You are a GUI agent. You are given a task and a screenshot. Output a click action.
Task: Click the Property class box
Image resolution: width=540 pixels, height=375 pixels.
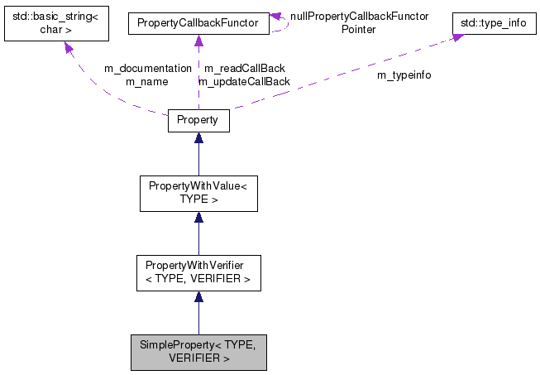click(x=198, y=120)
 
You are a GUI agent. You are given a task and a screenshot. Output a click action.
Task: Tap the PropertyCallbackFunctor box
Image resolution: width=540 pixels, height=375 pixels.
click(x=198, y=25)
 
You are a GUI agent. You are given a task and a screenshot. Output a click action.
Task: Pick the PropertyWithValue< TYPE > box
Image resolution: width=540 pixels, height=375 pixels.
click(x=198, y=193)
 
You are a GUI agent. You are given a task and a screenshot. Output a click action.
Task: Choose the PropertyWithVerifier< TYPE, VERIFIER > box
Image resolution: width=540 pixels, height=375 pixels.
click(x=198, y=272)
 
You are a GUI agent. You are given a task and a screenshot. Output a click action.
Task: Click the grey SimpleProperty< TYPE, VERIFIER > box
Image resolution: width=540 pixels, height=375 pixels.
click(x=198, y=352)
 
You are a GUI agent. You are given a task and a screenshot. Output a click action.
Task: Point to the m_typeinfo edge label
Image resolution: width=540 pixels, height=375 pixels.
click(x=404, y=75)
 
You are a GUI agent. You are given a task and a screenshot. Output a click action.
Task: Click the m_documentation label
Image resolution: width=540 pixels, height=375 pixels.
click(x=147, y=69)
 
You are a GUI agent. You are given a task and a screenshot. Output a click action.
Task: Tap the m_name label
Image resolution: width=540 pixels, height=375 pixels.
click(x=147, y=81)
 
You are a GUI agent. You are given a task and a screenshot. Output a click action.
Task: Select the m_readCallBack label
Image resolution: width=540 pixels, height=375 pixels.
click(x=244, y=69)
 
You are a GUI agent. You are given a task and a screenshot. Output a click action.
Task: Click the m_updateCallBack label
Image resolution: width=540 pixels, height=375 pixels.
click(x=244, y=81)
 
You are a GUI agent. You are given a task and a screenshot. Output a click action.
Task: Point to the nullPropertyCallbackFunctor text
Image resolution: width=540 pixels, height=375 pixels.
click(x=359, y=17)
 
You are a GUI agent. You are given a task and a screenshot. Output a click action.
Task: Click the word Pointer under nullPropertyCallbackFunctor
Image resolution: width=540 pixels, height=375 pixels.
click(x=359, y=29)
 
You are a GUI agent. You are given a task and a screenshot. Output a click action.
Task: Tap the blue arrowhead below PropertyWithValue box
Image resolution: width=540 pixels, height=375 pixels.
click(x=198, y=218)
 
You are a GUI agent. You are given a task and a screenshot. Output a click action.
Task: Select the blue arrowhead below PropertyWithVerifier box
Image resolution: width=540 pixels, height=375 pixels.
click(x=198, y=297)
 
